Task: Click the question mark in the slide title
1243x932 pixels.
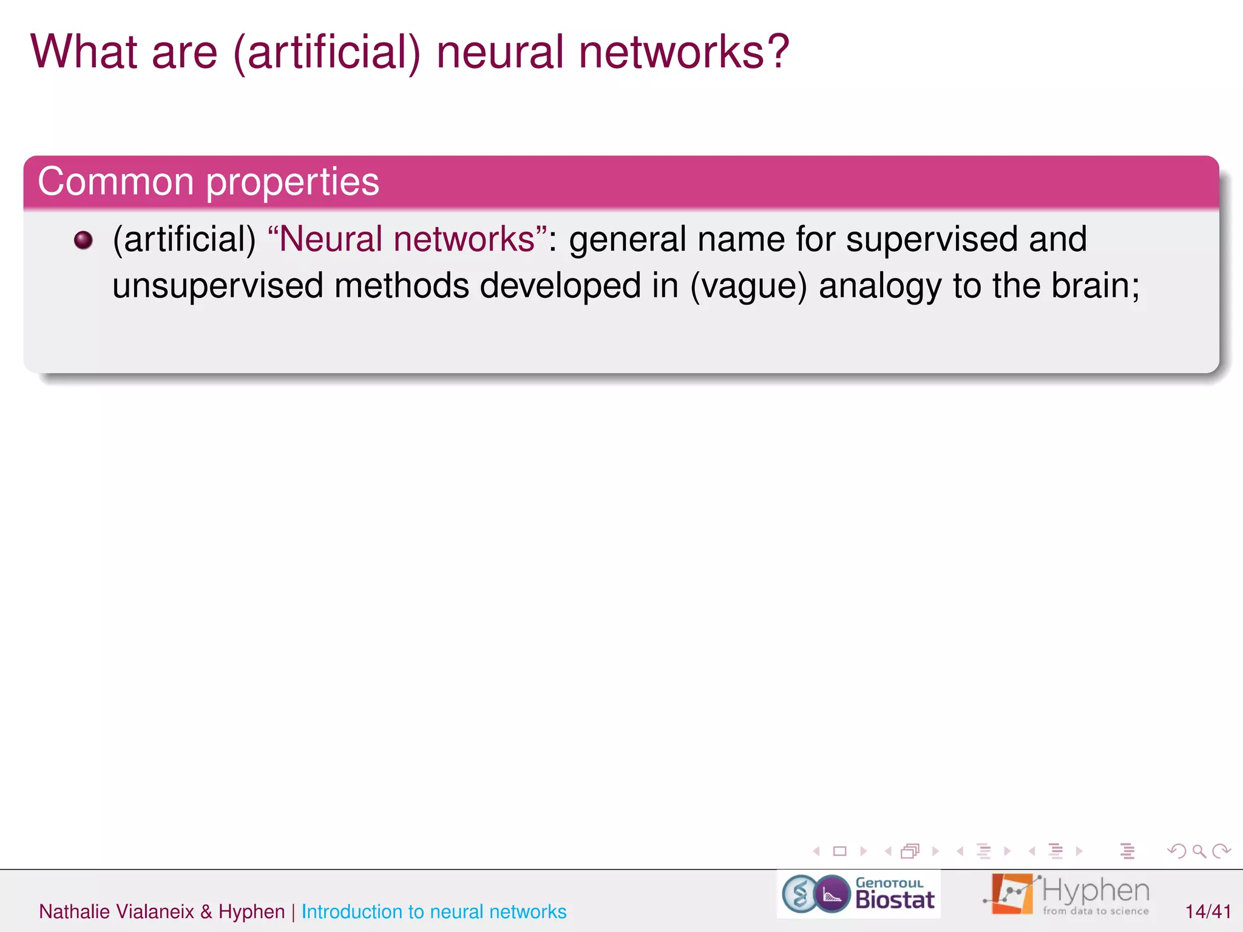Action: [774, 52]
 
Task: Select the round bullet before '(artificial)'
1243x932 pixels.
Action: [83, 240]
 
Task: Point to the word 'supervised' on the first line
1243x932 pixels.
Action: [932, 239]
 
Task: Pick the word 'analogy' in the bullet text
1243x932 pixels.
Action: [881, 287]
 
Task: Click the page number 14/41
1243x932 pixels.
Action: [1208, 911]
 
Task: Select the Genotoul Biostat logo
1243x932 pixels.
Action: [858, 894]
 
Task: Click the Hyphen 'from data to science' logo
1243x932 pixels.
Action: [1066, 894]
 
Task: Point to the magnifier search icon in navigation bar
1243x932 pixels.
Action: [1199, 851]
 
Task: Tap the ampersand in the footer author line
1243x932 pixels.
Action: [206, 911]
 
